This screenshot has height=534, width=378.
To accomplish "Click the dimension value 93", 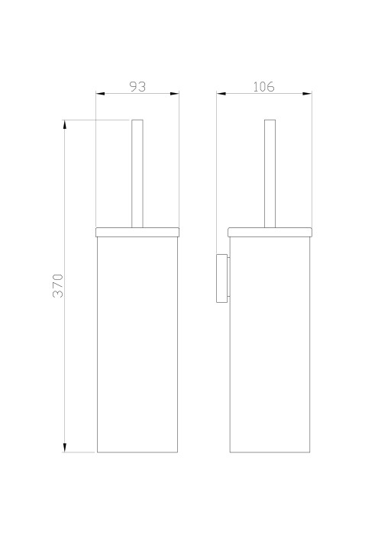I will coord(137,87).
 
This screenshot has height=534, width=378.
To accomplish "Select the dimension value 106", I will coord(263,87).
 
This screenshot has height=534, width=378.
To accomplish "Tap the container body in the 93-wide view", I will coord(137,343).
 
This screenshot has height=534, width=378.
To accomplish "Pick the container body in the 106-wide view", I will coord(270,343).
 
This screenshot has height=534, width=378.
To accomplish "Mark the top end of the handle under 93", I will coord(137,121).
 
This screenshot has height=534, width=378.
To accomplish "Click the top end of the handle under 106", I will coord(269,121).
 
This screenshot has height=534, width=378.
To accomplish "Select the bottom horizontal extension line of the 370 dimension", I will coord(80,452).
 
